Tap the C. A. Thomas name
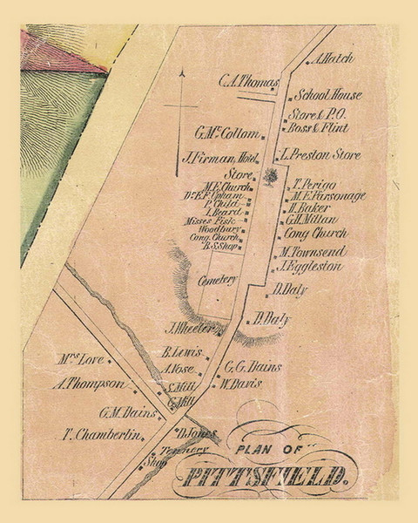(x=248, y=81)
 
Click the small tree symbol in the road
(x=271, y=178)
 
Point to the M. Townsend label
(x=313, y=252)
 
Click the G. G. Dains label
(x=253, y=366)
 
